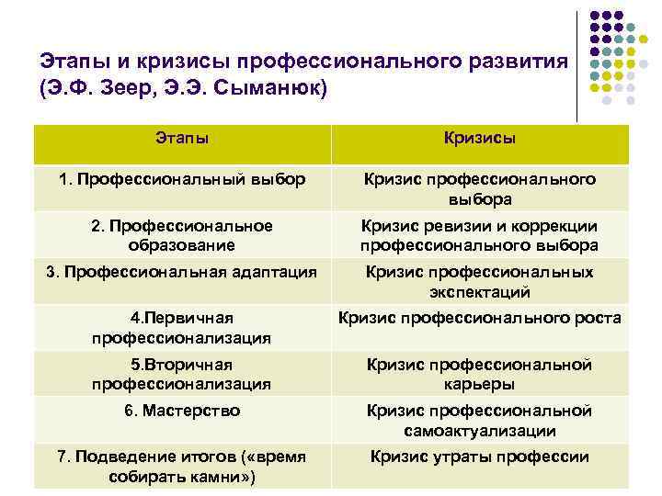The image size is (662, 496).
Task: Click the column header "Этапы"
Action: click(181, 138)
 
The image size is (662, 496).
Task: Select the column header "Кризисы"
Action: click(479, 138)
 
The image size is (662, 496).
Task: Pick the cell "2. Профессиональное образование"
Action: click(181, 235)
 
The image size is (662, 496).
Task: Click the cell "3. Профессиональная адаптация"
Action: click(181, 272)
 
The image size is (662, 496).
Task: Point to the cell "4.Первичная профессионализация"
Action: click(181, 328)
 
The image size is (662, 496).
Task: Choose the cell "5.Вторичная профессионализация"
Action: click(181, 374)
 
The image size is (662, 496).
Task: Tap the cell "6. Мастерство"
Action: click(181, 411)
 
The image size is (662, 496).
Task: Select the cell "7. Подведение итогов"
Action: click(181, 466)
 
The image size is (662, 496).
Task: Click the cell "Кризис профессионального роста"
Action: click(479, 319)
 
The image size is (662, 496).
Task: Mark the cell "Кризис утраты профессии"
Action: click(479, 457)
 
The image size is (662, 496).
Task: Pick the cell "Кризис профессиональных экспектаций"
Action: click(479, 282)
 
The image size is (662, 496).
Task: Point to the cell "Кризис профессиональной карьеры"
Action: click(479, 374)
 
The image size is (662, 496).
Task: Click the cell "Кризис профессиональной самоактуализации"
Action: click(479, 420)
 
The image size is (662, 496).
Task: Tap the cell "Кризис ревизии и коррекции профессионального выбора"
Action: click(479, 235)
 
